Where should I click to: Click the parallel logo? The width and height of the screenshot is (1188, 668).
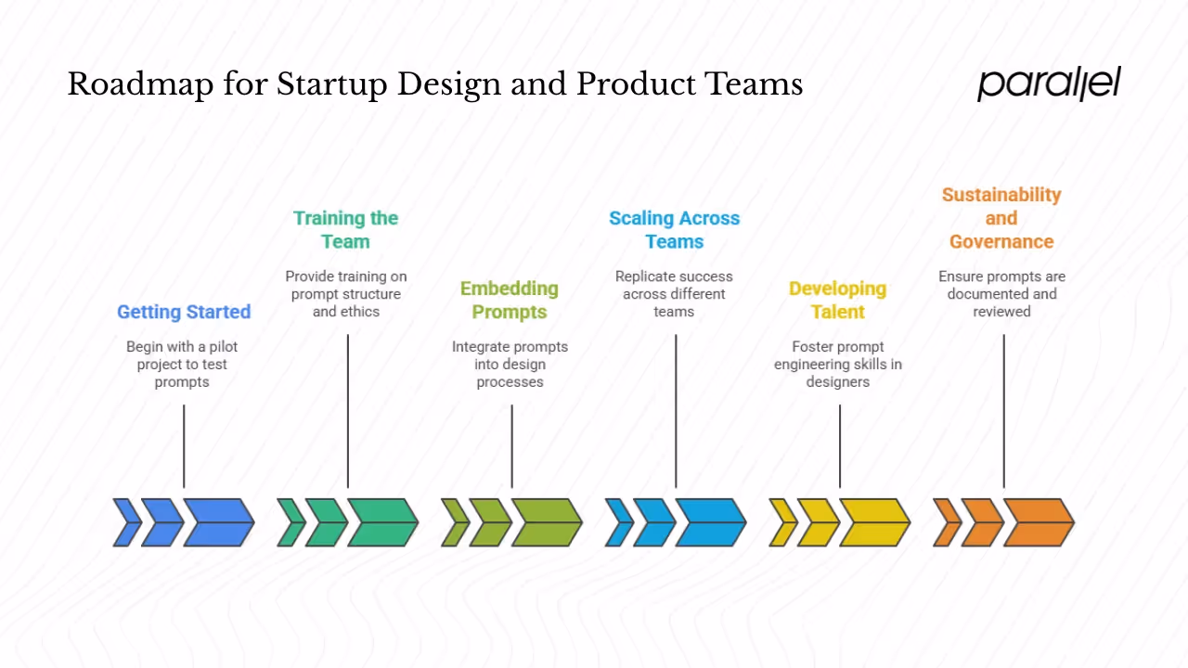click(x=1049, y=83)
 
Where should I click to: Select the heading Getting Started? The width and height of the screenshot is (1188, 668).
click(x=184, y=312)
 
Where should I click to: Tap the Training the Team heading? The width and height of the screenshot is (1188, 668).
click(x=345, y=230)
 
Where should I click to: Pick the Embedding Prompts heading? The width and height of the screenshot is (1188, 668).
click(x=510, y=300)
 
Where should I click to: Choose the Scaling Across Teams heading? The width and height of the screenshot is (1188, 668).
click(x=674, y=230)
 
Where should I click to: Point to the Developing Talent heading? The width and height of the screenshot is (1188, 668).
click(x=838, y=300)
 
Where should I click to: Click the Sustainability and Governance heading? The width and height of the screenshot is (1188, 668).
click(x=1001, y=218)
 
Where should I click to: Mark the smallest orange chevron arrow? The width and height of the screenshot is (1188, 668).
click(x=946, y=522)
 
